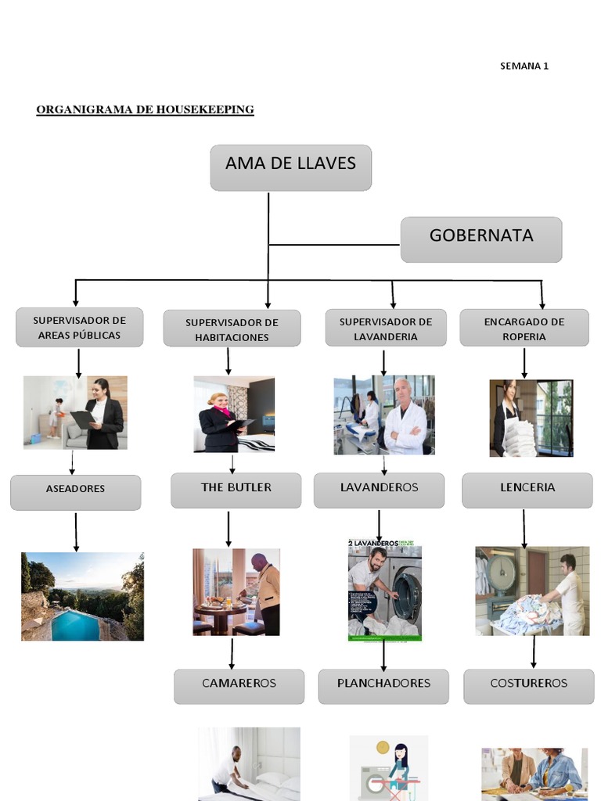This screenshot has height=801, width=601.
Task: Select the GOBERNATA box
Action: (x=480, y=239)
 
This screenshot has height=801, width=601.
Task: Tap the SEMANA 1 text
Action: (x=524, y=66)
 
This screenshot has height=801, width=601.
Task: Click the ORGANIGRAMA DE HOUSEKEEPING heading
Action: (x=145, y=110)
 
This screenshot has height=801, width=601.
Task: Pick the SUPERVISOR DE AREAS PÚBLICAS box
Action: (x=79, y=327)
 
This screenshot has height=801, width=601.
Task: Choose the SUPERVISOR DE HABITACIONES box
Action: (x=232, y=329)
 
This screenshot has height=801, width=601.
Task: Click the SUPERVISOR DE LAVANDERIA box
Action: (x=385, y=328)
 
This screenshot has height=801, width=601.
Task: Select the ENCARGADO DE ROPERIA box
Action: (x=524, y=328)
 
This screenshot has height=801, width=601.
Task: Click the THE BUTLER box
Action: (x=236, y=490)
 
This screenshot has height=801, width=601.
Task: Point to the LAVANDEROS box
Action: (x=379, y=490)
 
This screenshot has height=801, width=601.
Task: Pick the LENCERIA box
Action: (x=527, y=490)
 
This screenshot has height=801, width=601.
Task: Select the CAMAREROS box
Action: (x=239, y=685)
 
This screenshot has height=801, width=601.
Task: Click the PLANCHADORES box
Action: (x=383, y=685)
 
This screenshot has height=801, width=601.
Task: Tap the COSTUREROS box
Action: (x=528, y=685)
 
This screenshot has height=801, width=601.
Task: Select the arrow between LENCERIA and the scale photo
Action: (x=524, y=527)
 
